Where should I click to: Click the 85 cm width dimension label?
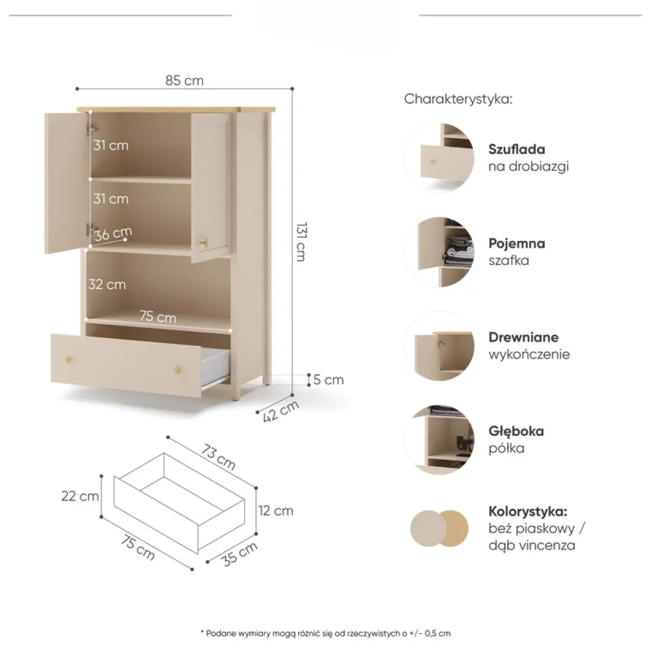185,80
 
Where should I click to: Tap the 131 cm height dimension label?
301,242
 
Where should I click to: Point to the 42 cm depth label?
281,411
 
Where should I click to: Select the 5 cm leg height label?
328,380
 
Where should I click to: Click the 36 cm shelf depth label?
113,234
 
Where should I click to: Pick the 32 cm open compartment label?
107,285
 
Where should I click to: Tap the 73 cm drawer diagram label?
219,457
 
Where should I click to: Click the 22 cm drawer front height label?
80,496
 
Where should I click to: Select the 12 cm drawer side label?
275,511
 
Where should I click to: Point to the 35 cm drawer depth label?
240,554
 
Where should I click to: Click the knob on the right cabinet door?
204,244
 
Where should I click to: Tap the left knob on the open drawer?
68,360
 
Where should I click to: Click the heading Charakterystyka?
458,99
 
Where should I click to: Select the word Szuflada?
517,149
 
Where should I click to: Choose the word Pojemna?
517,243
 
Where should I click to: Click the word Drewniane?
523,337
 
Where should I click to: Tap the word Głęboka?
516,431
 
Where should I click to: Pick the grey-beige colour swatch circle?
426,528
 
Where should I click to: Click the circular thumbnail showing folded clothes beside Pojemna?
439,252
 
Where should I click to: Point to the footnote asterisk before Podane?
202,632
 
